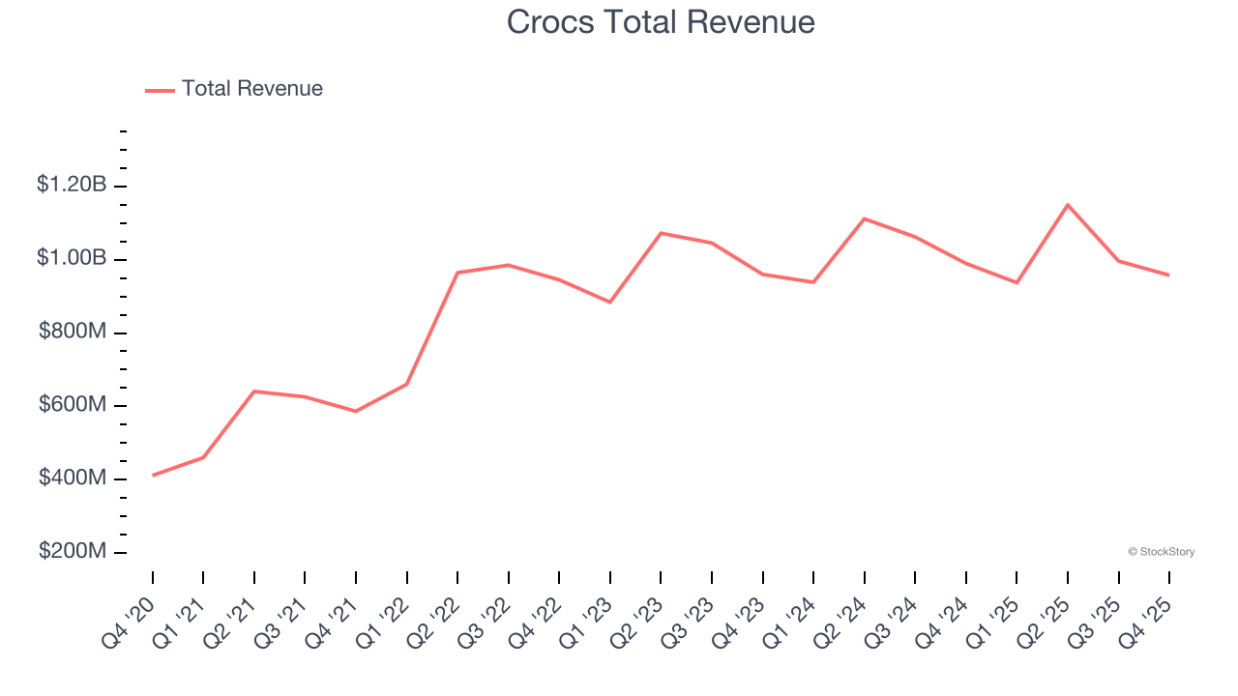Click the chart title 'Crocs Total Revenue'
[661, 21]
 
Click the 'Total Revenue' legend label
[251, 89]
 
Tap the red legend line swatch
[160, 90]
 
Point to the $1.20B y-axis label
[72, 184]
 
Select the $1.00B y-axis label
[72, 257]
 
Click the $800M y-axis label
[73, 332]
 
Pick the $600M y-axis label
[73, 405]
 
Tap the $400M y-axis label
[73, 478]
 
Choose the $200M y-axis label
[73, 551]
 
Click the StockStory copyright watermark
[1161, 552]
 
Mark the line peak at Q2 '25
[1068, 205]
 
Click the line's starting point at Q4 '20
[153, 475]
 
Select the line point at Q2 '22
[457, 273]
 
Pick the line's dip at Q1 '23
[610, 302]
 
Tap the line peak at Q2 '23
[661, 233]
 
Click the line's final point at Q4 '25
[1169, 275]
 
